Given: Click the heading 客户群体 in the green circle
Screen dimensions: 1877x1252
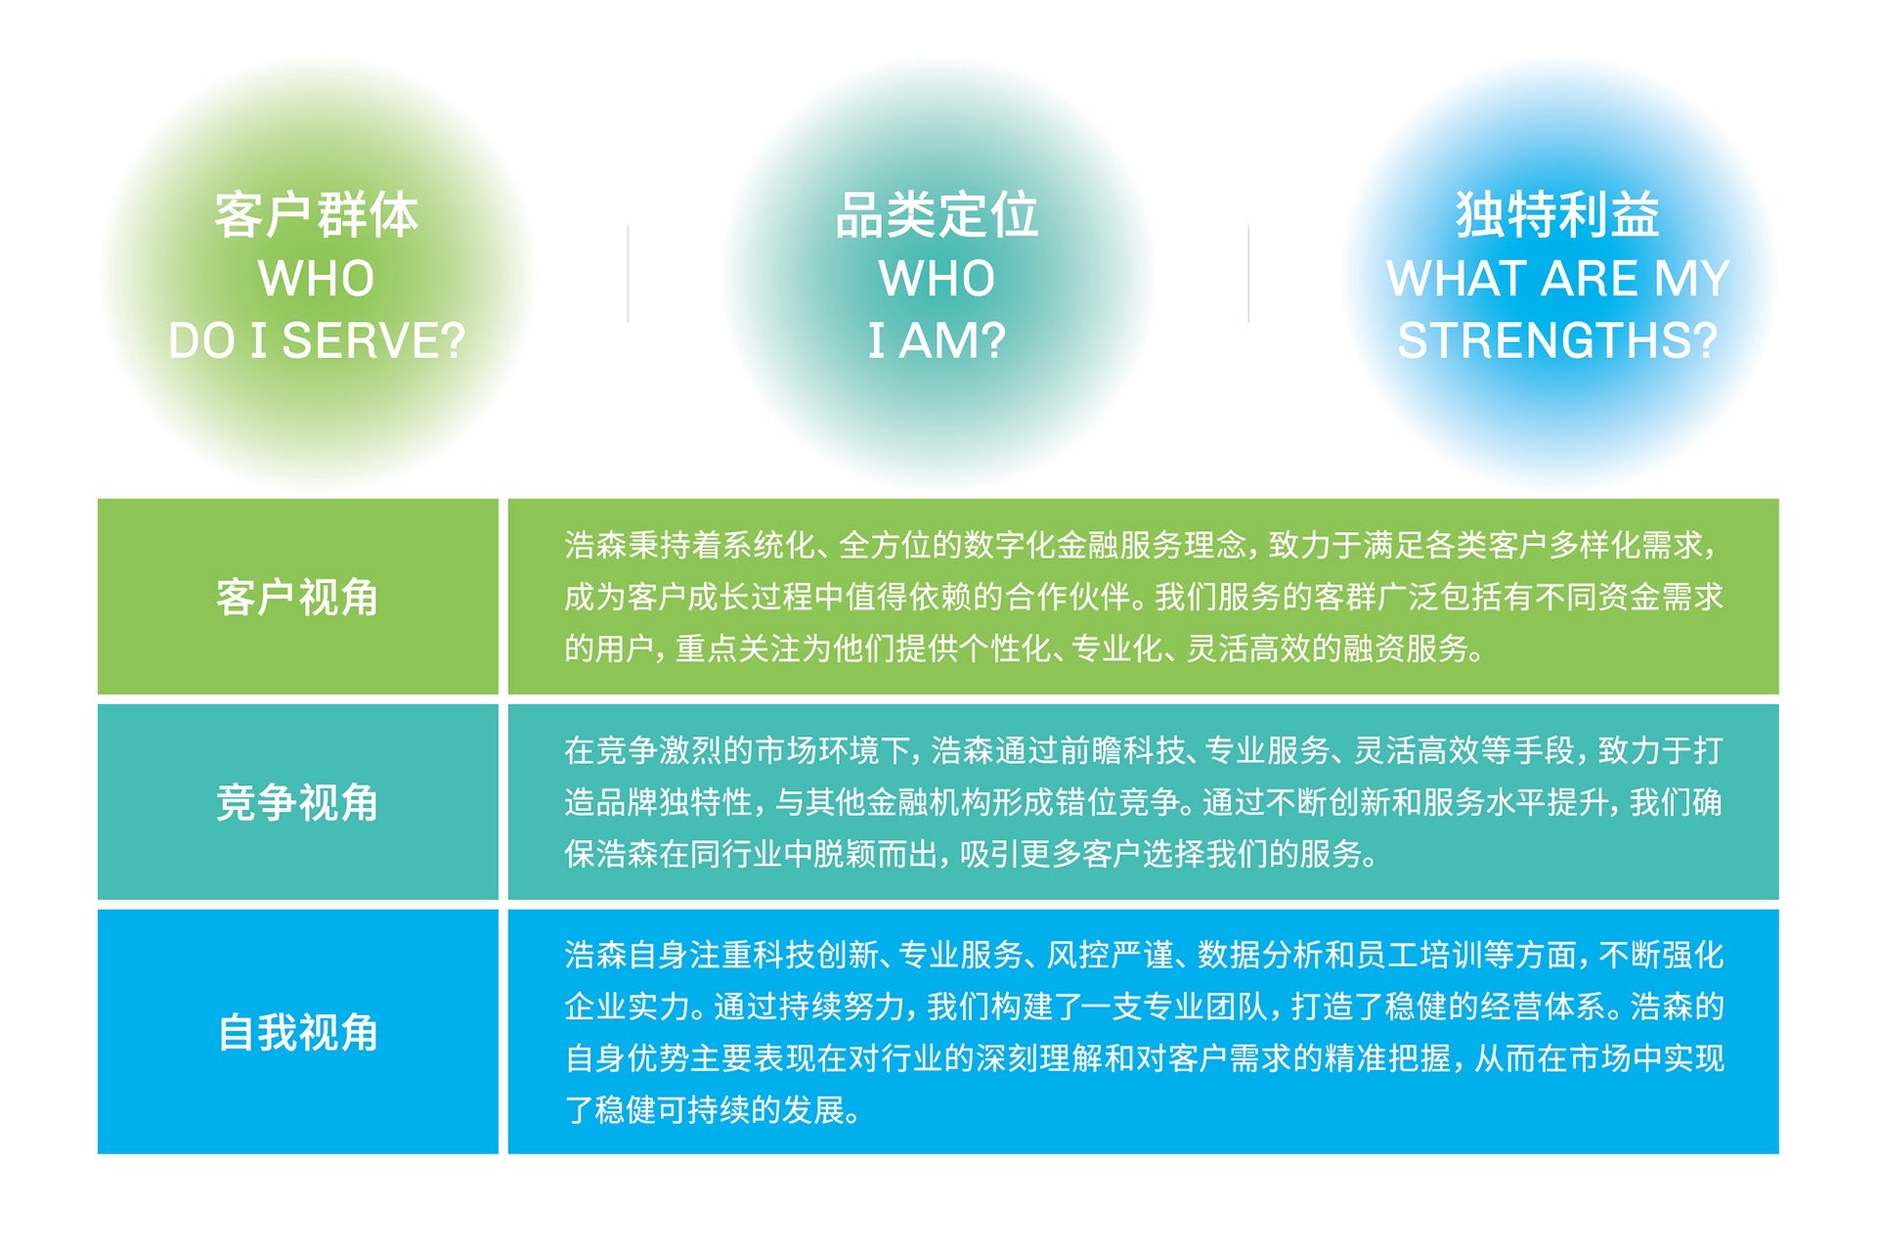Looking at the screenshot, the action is [317, 214].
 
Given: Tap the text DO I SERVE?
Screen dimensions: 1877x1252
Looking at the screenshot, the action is [317, 340].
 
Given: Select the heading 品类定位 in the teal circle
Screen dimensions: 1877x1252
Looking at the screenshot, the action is [937, 214].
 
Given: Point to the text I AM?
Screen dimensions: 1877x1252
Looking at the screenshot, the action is [937, 340].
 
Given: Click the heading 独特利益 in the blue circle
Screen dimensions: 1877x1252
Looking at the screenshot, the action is [1557, 214].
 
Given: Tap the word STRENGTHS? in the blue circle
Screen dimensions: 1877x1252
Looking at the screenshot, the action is [1557, 340].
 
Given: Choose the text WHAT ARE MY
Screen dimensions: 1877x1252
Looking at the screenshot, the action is [1557, 278].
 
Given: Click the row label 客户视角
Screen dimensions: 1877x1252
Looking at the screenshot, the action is [297, 597].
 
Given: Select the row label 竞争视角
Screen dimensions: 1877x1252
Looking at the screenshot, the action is [297, 802].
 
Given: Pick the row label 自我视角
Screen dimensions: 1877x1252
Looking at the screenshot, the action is [297, 1032].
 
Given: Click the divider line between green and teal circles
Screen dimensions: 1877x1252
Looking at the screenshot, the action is [628, 274].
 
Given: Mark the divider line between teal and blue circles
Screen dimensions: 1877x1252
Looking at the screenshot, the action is [1248, 274].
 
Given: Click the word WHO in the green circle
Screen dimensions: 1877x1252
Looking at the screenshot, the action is [317, 278].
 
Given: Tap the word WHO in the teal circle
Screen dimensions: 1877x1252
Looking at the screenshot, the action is [937, 278].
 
